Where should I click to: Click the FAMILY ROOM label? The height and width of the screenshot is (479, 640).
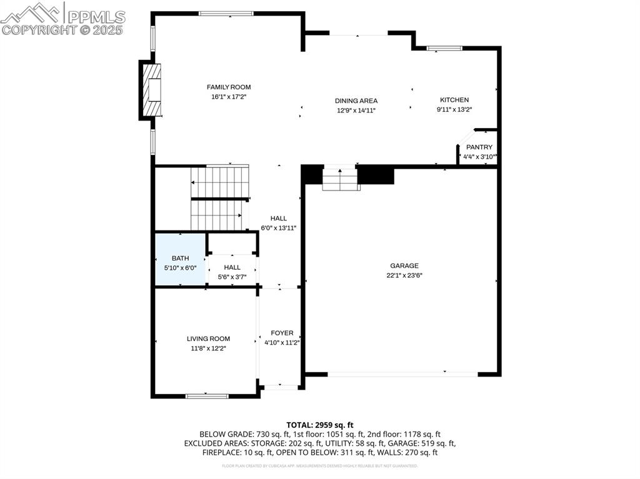point(229,87)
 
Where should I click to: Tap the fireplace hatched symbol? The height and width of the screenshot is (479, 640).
point(152,90)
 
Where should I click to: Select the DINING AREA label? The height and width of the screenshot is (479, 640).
point(356,101)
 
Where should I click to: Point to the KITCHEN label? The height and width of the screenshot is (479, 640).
point(454,100)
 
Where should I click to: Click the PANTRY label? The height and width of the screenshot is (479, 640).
point(479,147)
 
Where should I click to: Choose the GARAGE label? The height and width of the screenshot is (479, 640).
point(404,265)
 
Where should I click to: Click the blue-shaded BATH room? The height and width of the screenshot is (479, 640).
point(180,259)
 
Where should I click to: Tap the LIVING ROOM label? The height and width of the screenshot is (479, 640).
point(208,338)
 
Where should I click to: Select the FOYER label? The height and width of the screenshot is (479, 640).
point(282,333)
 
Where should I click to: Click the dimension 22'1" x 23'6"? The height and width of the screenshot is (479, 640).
point(404,275)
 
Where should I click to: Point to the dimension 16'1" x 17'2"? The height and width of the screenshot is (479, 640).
point(229,97)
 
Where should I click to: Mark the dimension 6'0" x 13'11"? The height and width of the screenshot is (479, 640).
point(279,228)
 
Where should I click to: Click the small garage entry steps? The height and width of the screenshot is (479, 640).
point(341,179)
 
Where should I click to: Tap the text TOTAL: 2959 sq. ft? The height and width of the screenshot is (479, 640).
point(319,425)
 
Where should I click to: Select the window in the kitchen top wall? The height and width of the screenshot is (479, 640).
point(444,48)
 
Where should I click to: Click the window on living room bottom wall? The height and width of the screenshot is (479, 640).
point(207,395)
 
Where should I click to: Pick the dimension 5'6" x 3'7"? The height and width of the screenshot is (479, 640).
point(232,277)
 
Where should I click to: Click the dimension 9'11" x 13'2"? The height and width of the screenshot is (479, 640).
point(454,110)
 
